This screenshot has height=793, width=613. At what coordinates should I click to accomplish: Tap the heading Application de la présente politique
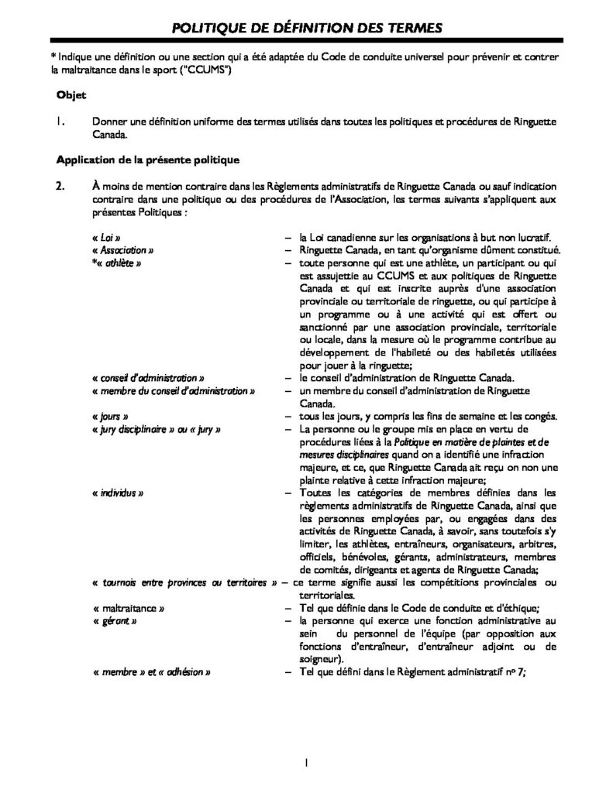(x=147, y=160)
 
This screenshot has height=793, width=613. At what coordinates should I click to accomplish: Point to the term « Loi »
(x=106, y=237)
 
